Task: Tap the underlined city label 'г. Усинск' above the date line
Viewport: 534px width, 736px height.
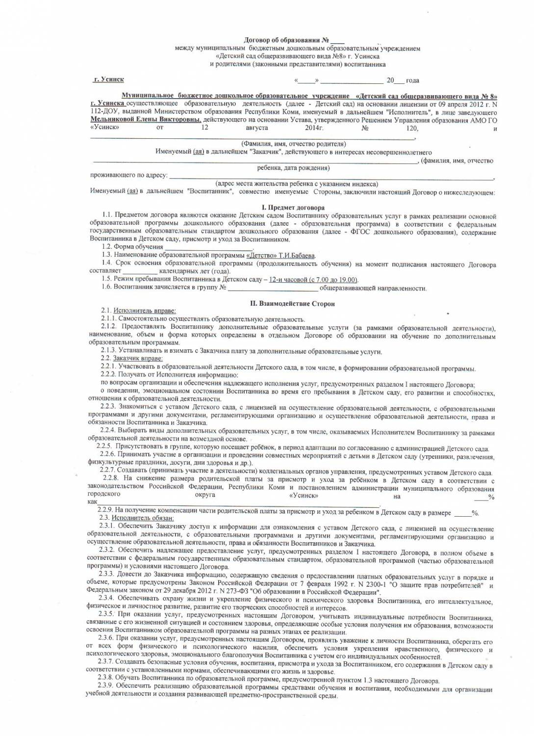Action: coord(109,79)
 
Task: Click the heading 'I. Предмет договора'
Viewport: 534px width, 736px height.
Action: coord(293,208)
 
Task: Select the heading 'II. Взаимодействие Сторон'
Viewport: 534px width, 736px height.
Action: coord(292,304)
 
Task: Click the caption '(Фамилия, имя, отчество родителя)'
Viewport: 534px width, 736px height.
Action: coord(294,144)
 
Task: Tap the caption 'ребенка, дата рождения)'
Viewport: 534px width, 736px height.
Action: coord(294,168)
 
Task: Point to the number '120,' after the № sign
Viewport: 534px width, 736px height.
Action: coord(411,128)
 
